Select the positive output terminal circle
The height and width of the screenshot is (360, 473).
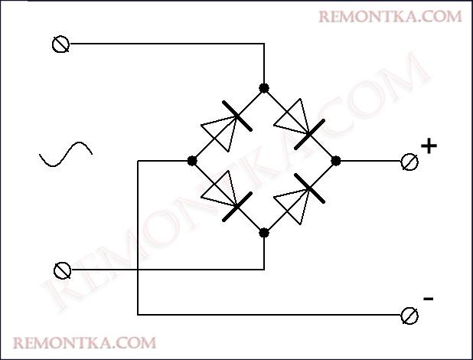click(x=409, y=161)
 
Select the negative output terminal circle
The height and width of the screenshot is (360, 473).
click(x=410, y=315)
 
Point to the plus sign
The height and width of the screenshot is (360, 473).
click(x=429, y=146)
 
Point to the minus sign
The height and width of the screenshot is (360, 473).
click(x=429, y=298)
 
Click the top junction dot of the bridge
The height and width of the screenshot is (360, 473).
click(x=264, y=88)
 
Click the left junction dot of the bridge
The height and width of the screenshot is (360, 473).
click(x=191, y=161)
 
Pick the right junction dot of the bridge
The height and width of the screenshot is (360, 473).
click(x=335, y=161)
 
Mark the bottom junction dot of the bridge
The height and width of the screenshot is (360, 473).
click(x=264, y=232)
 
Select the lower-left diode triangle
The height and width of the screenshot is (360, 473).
click(x=217, y=188)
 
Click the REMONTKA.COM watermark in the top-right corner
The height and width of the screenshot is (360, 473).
click(x=390, y=16)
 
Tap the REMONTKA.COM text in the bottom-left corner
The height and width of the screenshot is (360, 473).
click(x=85, y=342)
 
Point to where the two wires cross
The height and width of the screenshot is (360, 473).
click(x=138, y=270)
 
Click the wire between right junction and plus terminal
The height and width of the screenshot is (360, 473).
click(x=370, y=161)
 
